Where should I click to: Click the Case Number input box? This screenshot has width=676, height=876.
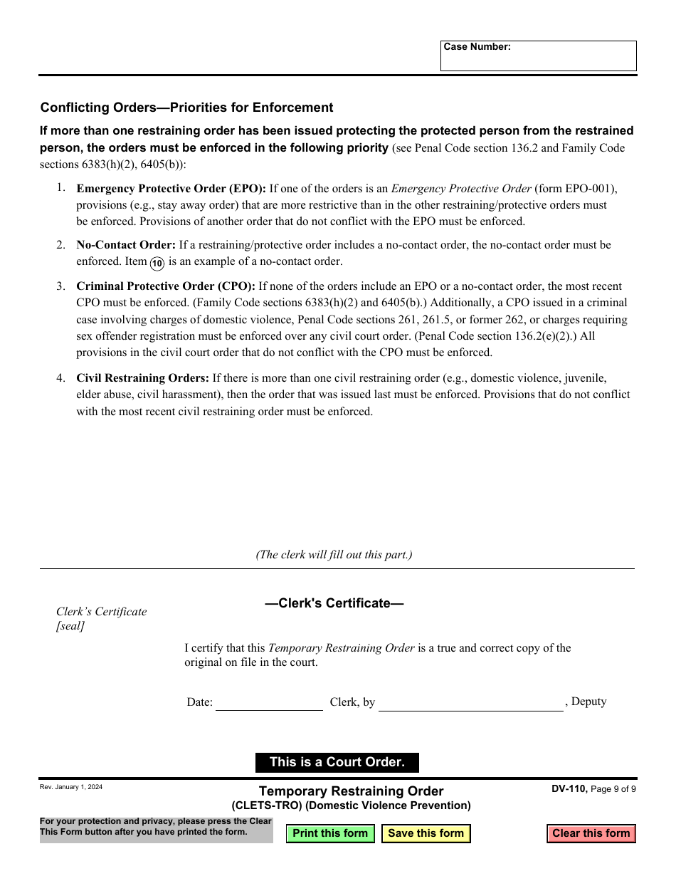(x=538, y=60)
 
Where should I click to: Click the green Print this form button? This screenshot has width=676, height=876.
(x=330, y=833)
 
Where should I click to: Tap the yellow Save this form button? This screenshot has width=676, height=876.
(x=426, y=833)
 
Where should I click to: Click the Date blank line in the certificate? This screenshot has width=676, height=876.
(x=269, y=703)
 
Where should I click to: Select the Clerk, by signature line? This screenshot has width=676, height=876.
(x=470, y=703)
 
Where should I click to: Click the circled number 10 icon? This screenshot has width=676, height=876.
(x=157, y=263)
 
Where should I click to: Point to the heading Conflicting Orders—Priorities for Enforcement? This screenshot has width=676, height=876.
(x=186, y=108)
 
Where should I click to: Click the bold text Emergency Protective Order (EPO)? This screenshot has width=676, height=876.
(x=171, y=189)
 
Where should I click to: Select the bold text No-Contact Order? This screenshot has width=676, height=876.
(x=126, y=245)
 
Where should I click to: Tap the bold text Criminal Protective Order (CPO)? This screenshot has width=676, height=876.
(x=166, y=286)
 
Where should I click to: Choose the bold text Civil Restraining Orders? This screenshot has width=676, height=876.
(x=142, y=378)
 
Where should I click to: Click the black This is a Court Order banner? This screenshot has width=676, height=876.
(x=337, y=762)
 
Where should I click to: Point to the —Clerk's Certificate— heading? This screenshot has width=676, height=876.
(x=334, y=603)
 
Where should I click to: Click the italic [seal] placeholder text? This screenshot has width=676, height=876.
(x=70, y=626)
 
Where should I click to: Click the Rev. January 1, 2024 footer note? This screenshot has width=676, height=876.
(x=71, y=787)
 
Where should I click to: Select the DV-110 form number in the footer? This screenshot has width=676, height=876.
(x=569, y=788)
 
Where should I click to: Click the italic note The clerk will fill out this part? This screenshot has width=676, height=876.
(x=334, y=555)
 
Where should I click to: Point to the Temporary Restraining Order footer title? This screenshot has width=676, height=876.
(x=351, y=791)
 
